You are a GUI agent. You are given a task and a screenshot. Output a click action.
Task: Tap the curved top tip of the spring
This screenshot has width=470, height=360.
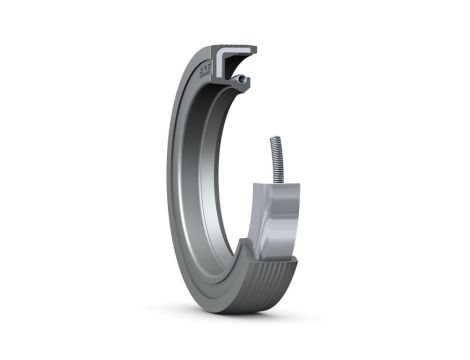(x=275, y=138)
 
